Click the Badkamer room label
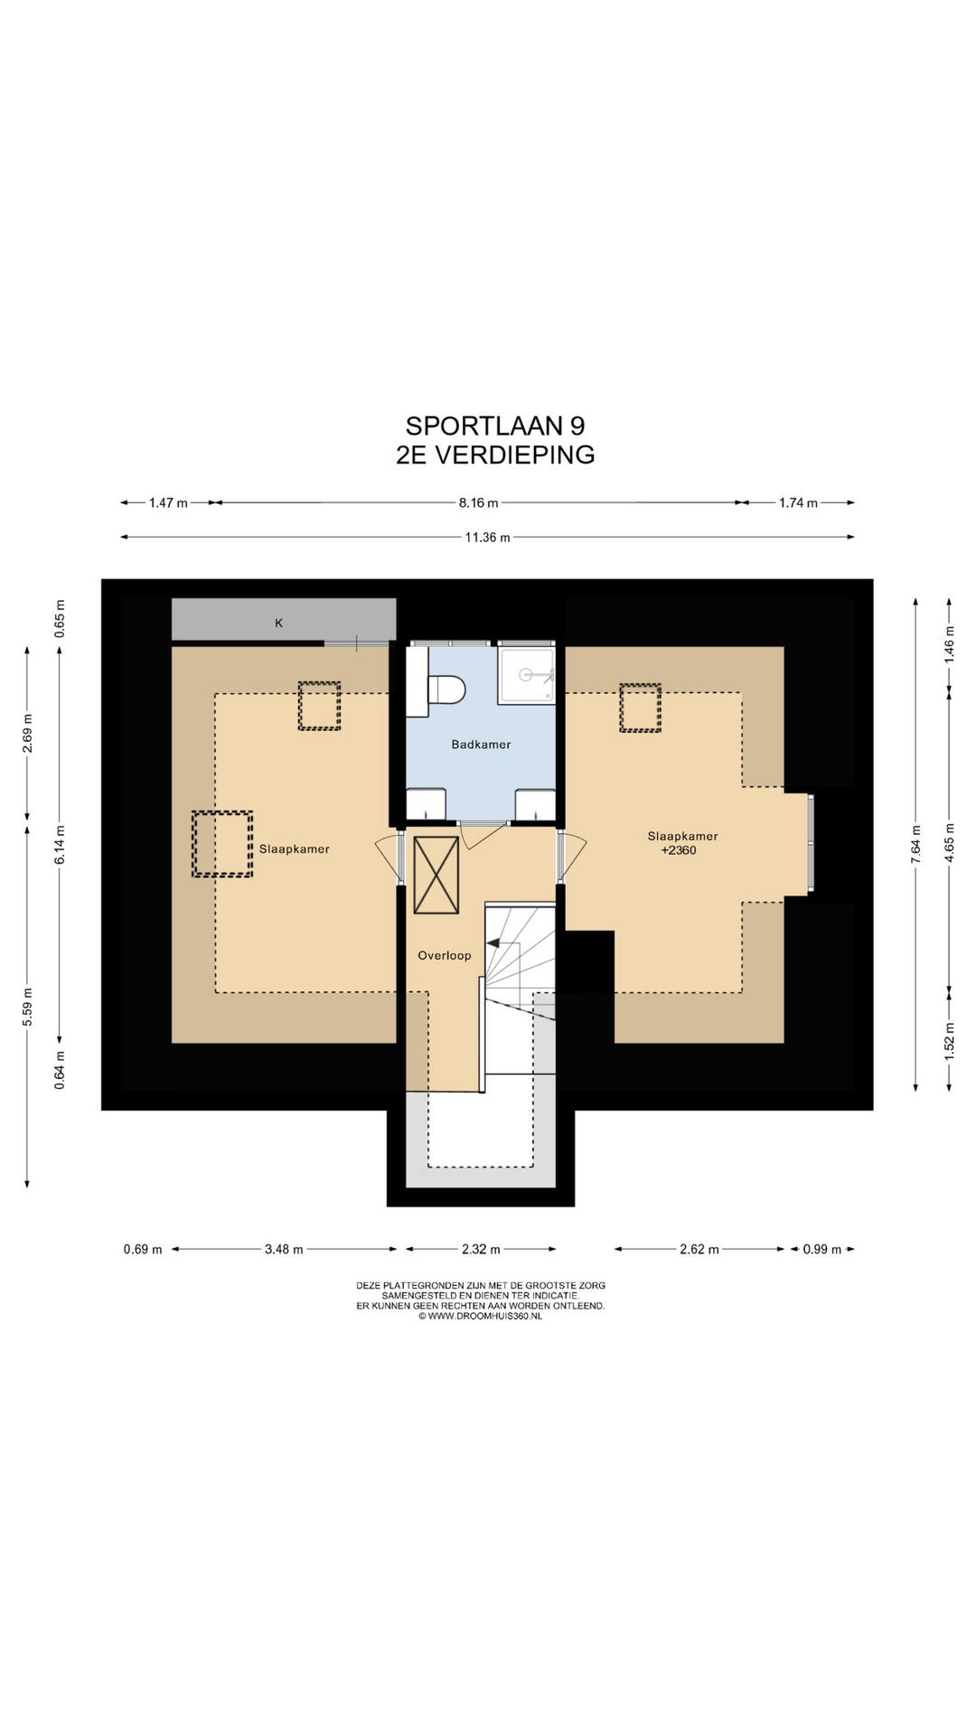pyautogui.click(x=481, y=745)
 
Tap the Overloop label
pyautogui.click(x=444, y=955)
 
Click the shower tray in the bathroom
pyautogui.click(x=526, y=674)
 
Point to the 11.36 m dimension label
pyautogui.click(x=488, y=538)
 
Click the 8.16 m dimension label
pyautogui.click(x=478, y=502)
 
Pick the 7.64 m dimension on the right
pyautogui.click(x=915, y=845)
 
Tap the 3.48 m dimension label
pyautogui.click(x=284, y=1250)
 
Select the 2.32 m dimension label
pyautogui.click(x=481, y=1250)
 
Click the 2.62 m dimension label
pyautogui.click(x=699, y=1250)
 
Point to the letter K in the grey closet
pyautogui.click(x=279, y=623)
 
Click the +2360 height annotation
pyautogui.click(x=679, y=850)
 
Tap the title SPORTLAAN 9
pyautogui.click(x=495, y=426)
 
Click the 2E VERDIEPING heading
pyautogui.click(x=495, y=455)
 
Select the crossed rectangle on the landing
pyautogui.click(x=436, y=875)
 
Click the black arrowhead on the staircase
pyautogui.click(x=493, y=943)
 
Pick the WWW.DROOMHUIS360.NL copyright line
pyautogui.click(x=481, y=1317)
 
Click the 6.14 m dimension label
pyautogui.click(x=60, y=845)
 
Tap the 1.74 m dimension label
pyautogui.click(x=798, y=502)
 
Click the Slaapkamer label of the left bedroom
pyautogui.click(x=295, y=849)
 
